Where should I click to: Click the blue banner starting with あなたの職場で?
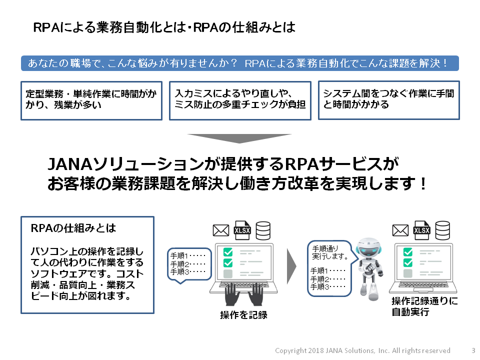click(239, 63)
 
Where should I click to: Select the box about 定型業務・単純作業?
click(91, 100)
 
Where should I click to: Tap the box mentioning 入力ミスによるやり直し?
click(240, 100)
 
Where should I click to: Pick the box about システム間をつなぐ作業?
click(388, 100)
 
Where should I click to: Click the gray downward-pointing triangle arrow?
click(239, 138)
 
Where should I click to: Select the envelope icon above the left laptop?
click(220, 230)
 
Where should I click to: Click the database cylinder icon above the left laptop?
click(263, 230)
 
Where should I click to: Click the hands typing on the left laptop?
click(243, 294)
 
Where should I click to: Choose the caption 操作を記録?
click(243, 315)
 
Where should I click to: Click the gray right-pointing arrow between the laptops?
click(293, 264)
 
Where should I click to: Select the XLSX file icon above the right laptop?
click(421, 229)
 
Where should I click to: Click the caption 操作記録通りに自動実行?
click(424, 306)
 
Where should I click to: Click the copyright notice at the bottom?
click(362, 350)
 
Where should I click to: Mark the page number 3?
click(473, 350)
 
